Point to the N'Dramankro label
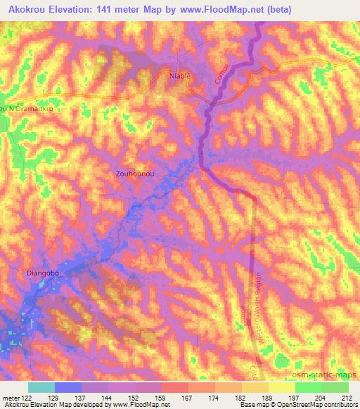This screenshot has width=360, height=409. tap(28, 110)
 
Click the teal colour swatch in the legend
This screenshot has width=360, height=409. tap(41, 387)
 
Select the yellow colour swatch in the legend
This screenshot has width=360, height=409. tap(282, 387)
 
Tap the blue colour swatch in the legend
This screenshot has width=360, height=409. tap(68, 387)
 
